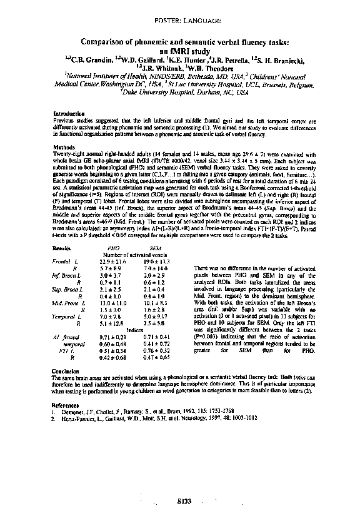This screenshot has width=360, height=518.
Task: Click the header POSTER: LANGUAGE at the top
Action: [x=186, y=21]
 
